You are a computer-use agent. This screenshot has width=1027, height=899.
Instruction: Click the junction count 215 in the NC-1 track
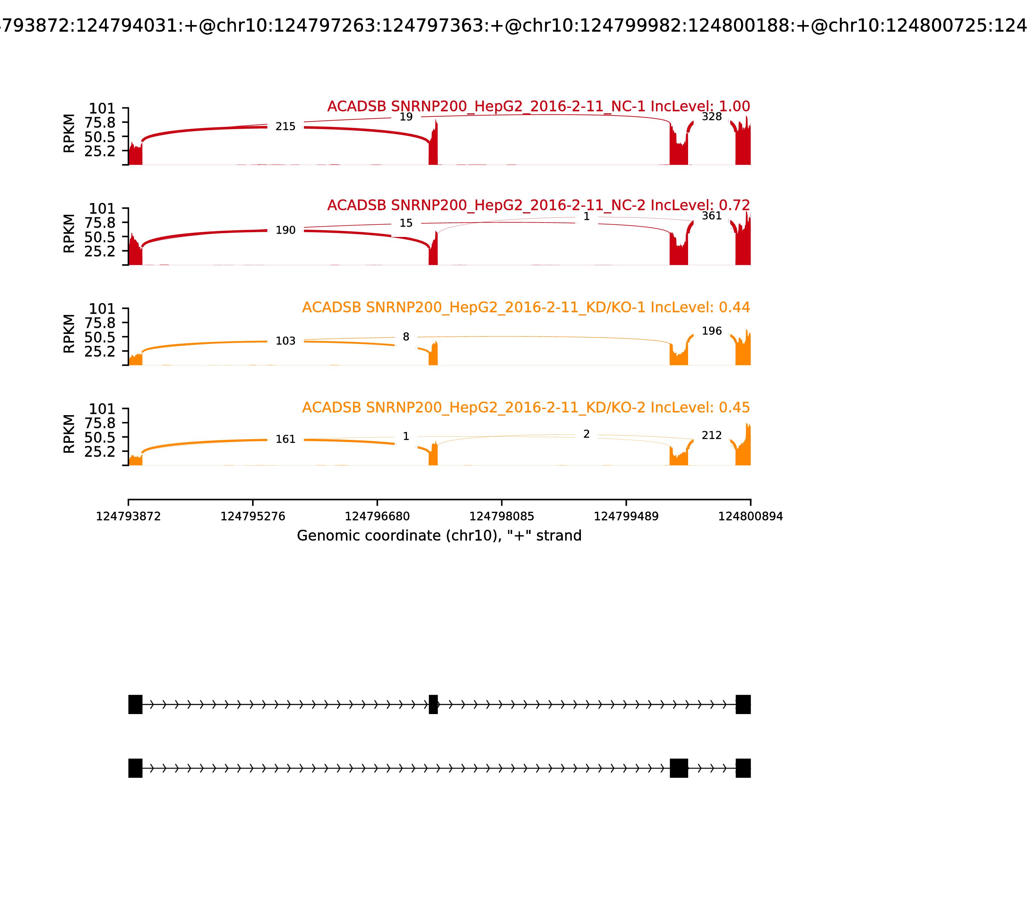pos(285,127)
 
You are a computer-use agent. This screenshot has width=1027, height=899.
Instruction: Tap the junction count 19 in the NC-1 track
pos(406,117)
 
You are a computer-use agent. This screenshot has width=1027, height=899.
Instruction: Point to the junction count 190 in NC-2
pos(285,230)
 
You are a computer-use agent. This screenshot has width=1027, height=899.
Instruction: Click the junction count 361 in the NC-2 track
pos(711,216)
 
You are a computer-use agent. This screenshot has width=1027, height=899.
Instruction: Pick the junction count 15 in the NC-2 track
pos(406,223)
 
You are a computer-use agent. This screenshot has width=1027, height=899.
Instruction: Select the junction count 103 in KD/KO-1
pos(285,341)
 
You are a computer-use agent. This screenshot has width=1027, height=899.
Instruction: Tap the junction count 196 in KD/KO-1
pos(711,331)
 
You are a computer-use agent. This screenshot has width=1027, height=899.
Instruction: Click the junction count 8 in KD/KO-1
pos(406,337)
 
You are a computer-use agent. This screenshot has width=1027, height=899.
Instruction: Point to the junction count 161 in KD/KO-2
pos(285,440)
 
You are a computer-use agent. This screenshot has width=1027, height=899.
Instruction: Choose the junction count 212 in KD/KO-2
pos(711,435)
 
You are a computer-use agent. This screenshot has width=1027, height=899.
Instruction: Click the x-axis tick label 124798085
pos(501,517)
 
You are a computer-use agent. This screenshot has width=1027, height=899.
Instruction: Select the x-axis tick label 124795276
pos(253,517)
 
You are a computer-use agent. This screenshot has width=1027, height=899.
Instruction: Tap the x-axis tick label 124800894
pos(750,517)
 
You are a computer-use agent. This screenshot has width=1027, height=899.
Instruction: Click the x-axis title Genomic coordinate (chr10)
pos(439,536)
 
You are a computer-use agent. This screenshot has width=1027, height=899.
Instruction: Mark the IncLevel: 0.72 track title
pos(538,205)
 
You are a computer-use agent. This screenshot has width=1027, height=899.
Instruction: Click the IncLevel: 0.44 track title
pos(526,308)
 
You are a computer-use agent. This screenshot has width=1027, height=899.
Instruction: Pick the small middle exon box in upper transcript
pos(433,704)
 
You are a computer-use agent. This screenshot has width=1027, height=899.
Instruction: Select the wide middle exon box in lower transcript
pos(678,768)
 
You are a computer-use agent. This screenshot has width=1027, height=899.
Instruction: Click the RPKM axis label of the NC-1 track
pos(69,134)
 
